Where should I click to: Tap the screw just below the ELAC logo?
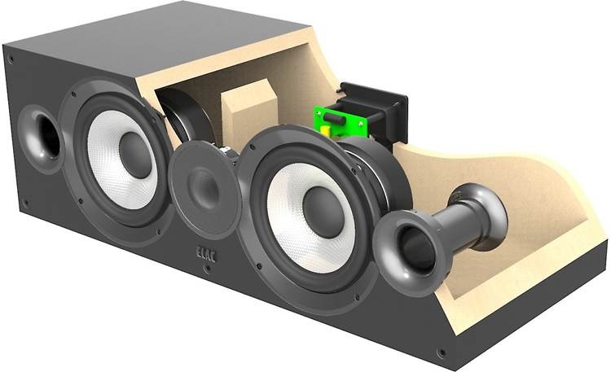tap(208, 269)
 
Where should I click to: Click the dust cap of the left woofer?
tap(135, 149)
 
